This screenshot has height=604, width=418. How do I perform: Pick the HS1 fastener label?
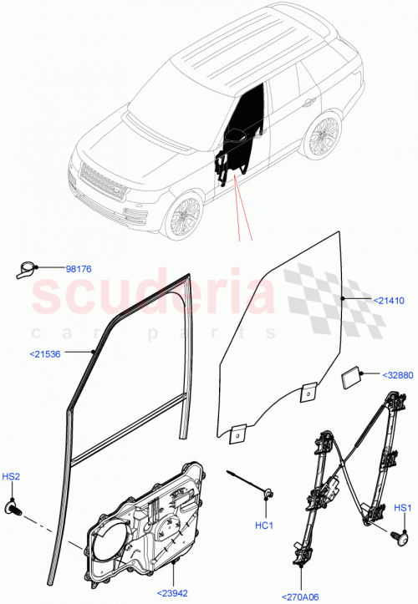[x=403, y=507]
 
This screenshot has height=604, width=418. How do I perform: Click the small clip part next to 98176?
[x=27, y=271]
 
